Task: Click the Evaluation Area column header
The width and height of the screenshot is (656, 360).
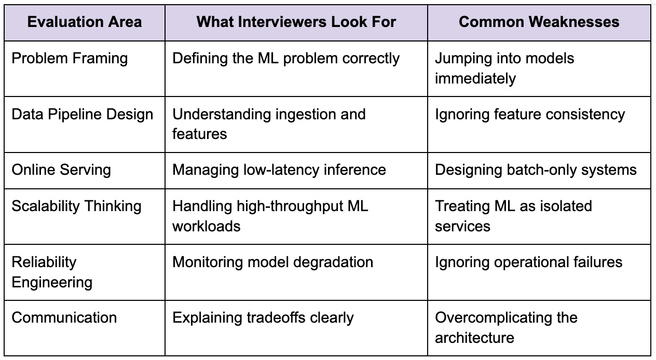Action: [85, 22]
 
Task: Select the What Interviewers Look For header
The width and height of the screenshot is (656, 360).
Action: [296, 22]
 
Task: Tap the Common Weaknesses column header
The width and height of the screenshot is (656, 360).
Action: [539, 22]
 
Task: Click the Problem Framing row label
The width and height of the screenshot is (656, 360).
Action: [70, 59]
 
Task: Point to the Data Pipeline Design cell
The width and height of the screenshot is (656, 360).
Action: [83, 115]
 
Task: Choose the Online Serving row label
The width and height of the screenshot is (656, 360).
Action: [61, 170]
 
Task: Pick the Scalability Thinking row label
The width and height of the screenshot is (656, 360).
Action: [76, 206]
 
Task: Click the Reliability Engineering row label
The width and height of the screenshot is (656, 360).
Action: [52, 272]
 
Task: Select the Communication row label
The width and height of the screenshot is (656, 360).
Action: [64, 317]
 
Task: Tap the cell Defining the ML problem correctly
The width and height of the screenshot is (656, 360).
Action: [286, 59]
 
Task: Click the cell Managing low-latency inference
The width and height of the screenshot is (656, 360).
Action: [279, 170]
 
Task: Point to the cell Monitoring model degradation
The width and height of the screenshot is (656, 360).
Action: [272, 262]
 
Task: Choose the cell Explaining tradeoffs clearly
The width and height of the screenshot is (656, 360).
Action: [263, 318]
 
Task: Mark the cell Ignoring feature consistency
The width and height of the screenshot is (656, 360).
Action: [530, 115]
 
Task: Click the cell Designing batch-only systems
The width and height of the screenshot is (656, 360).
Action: [536, 170]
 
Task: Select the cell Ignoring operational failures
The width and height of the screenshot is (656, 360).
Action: [529, 262]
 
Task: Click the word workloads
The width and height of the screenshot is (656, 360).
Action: [207, 226]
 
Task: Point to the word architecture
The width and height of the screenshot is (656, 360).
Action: [474, 338]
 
